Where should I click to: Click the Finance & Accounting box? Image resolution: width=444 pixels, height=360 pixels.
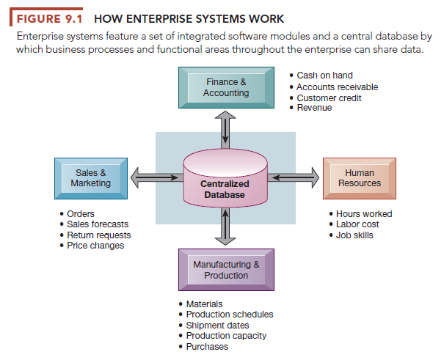coord(225,88)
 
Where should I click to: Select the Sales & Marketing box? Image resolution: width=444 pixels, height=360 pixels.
coord(90,178)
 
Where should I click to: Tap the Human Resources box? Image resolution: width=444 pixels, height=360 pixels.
coord(359,178)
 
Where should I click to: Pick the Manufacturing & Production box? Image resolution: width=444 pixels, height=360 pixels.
coord(225,270)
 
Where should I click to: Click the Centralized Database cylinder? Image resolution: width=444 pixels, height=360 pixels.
coord(225,183)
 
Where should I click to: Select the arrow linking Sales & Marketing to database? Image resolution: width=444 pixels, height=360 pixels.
coord(156,177)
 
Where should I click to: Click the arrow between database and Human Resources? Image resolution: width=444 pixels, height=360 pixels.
coord(295,177)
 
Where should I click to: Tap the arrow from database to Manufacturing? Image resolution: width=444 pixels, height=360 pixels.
coord(225,228)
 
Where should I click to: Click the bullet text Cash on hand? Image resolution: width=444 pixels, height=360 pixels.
coord(324,76)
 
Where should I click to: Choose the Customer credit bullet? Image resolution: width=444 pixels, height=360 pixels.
coord(330,98)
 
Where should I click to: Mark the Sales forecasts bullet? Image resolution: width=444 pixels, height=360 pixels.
coord(98,224)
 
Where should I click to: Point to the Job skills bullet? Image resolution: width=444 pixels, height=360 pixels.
coord(354,235)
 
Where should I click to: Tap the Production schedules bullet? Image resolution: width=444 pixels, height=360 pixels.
coord(229,315)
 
